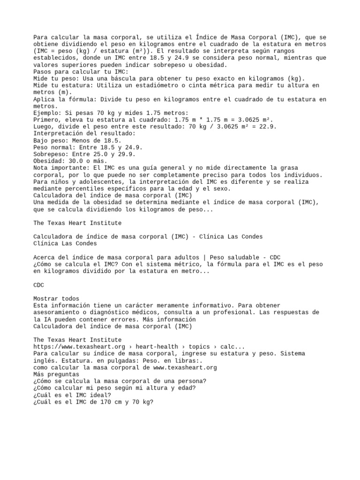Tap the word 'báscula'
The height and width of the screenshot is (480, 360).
(x=149, y=79)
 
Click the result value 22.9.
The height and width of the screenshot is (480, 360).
(x=269, y=127)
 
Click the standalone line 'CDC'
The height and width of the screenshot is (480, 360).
(x=39, y=285)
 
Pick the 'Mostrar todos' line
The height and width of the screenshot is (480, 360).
(x=56, y=299)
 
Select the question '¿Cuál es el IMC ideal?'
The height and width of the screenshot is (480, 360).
(x=72, y=395)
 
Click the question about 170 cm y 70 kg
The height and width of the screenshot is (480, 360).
(x=93, y=402)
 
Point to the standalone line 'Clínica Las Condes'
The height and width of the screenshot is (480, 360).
(x=65, y=243)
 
